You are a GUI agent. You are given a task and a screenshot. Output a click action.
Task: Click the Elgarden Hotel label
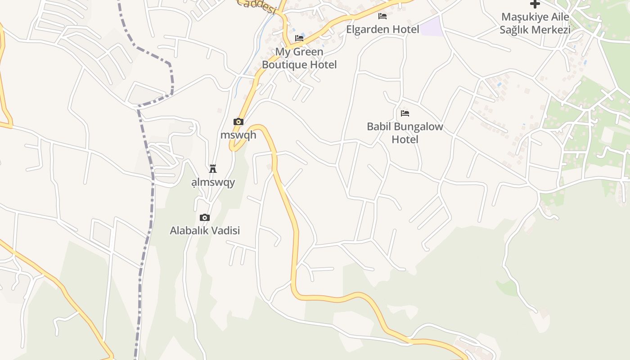pyautogui.click(x=382, y=29)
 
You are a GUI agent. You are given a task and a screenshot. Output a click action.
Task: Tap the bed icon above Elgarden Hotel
pyautogui.click(x=382, y=17)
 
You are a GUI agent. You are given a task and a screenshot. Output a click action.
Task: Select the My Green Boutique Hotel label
pyautogui.click(x=299, y=58)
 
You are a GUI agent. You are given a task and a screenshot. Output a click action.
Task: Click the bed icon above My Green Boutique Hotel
pyautogui.click(x=299, y=38)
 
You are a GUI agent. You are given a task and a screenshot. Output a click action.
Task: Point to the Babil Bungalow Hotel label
pyautogui.click(x=405, y=133)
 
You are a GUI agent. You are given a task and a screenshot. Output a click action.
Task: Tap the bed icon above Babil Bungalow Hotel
pyautogui.click(x=405, y=113)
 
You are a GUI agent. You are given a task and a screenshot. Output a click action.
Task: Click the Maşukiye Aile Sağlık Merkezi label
pyautogui.click(x=535, y=23)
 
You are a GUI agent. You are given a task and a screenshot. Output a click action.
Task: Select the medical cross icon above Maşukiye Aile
pyautogui.click(x=535, y=4)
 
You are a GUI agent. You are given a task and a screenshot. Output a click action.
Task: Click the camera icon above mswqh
pyautogui.click(x=238, y=121)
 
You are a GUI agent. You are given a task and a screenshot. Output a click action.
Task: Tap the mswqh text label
pyautogui.click(x=238, y=135)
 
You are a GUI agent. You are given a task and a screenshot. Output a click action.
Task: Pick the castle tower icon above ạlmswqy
pyautogui.click(x=213, y=169)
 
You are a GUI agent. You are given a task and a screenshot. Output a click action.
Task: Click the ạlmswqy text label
pyautogui.click(x=213, y=182)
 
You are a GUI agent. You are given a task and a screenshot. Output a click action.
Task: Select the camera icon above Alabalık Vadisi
pyautogui.click(x=205, y=218)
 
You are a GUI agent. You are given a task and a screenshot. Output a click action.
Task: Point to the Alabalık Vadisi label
pyautogui.click(x=205, y=230)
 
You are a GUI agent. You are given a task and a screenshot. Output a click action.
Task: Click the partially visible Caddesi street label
pyautogui.click(x=256, y=6)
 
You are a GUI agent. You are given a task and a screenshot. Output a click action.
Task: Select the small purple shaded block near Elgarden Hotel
pyautogui.click(x=432, y=27)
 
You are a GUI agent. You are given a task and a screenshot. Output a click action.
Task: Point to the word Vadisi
pyautogui.click(x=225, y=230)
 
